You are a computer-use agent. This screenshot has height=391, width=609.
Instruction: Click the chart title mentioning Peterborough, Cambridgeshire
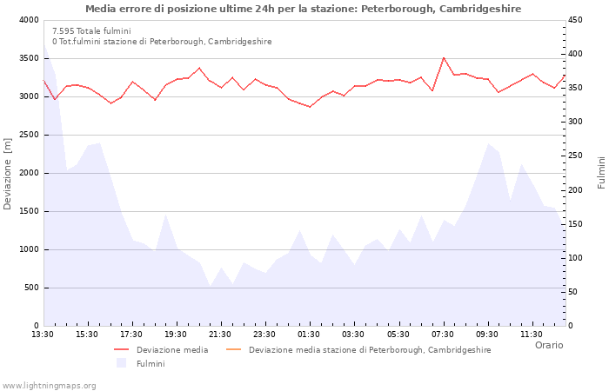[x=304, y=9]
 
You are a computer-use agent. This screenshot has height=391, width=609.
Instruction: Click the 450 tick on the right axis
[x=578, y=20]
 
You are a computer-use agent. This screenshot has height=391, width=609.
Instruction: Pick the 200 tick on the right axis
[x=578, y=190]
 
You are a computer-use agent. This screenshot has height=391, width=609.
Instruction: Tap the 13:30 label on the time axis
[x=43, y=334]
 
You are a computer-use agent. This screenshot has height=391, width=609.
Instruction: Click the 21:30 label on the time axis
[x=220, y=334]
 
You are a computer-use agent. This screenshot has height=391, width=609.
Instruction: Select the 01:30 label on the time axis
[x=309, y=334]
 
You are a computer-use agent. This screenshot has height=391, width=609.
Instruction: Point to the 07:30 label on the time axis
[x=443, y=334]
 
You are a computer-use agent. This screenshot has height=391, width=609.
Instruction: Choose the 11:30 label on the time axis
[x=532, y=334]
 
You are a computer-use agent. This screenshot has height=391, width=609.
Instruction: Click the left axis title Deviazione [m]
[x=9, y=173]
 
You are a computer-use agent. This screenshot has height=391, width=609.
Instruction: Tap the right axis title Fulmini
[x=600, y=173]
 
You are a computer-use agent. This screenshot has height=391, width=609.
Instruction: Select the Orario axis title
[x=549, y=345]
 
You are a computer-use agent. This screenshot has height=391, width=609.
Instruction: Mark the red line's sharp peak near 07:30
[x=444, y=58]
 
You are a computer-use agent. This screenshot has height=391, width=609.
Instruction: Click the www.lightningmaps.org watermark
[x=50, y=385]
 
